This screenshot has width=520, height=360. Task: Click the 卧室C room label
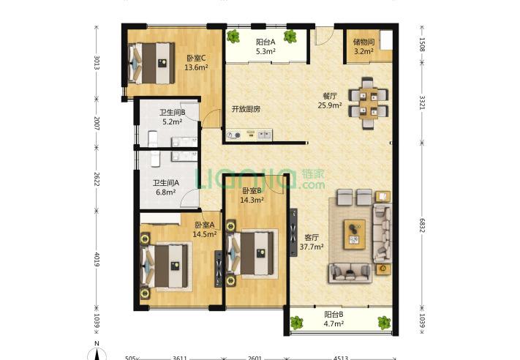pos(196,58)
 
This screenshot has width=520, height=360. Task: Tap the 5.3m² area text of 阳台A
pos(266,51)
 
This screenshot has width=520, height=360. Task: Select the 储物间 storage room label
pos(363,42)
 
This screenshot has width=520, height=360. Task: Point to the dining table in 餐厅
pos(369,103)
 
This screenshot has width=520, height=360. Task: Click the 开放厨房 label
pos(246,109)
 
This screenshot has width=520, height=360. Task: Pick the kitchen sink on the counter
pos(265,135)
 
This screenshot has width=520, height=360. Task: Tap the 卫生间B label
pos(173,113)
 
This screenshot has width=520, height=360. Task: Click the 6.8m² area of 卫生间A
pos(166,192)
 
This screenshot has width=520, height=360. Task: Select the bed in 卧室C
pos(151,63)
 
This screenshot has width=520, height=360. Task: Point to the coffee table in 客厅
pos(355,234)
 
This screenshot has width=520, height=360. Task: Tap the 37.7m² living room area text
pos(312,247)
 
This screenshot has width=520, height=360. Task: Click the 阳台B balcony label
pos(334,314)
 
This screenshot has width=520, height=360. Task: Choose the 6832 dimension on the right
pos(422,225)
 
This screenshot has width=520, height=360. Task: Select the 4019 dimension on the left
pos(97,259)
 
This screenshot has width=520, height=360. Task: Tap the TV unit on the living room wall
pos(293,233)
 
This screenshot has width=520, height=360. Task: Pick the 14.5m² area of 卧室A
pos(205,234)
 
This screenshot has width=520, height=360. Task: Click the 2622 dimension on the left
pos(97,179)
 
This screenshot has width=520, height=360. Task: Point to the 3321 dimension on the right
pos(422,102)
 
